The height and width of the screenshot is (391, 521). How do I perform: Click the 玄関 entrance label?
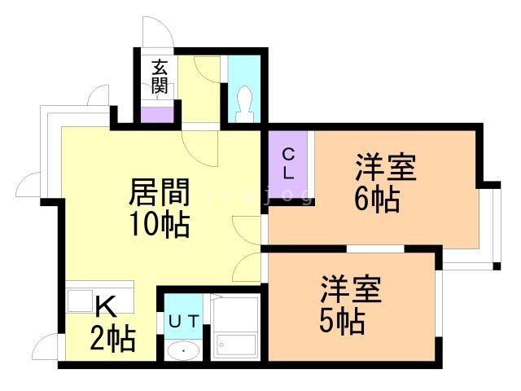coord(160,77)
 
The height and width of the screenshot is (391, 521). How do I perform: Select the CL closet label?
coord(289,164)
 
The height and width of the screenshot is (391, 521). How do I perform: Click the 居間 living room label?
coord(160,193)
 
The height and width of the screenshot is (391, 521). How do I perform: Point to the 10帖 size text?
coord(160,223)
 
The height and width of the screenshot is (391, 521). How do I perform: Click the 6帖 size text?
coord(376,198)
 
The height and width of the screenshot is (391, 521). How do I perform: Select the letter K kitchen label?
coord(106,306)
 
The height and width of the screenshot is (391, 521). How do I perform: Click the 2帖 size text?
coord(112,336)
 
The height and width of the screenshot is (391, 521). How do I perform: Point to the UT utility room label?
coord(183,320)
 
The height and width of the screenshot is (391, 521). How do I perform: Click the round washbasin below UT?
coord(183,352)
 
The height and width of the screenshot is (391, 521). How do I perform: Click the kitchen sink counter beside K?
coord(81,301)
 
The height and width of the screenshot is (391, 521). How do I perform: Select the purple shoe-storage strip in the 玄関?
coord(157,114)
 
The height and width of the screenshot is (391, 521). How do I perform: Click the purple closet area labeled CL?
coord(288,175)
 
